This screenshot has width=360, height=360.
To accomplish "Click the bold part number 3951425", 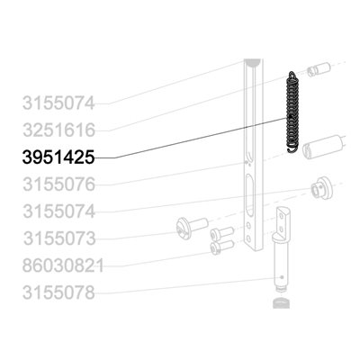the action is [58, 157].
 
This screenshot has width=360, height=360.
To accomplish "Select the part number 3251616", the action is [58, 130].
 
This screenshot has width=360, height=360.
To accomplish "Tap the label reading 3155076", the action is [58, 184].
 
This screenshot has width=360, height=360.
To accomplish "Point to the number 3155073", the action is [59, 238].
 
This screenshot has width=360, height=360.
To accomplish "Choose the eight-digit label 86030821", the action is [63, 265].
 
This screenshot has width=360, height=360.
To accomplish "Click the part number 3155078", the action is [58, 292].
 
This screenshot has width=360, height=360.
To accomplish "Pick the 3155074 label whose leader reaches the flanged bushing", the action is [58, 211].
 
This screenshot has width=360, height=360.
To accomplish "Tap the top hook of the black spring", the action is [292, 74].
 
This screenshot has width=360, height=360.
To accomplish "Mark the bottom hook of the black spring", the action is [292, 149].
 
